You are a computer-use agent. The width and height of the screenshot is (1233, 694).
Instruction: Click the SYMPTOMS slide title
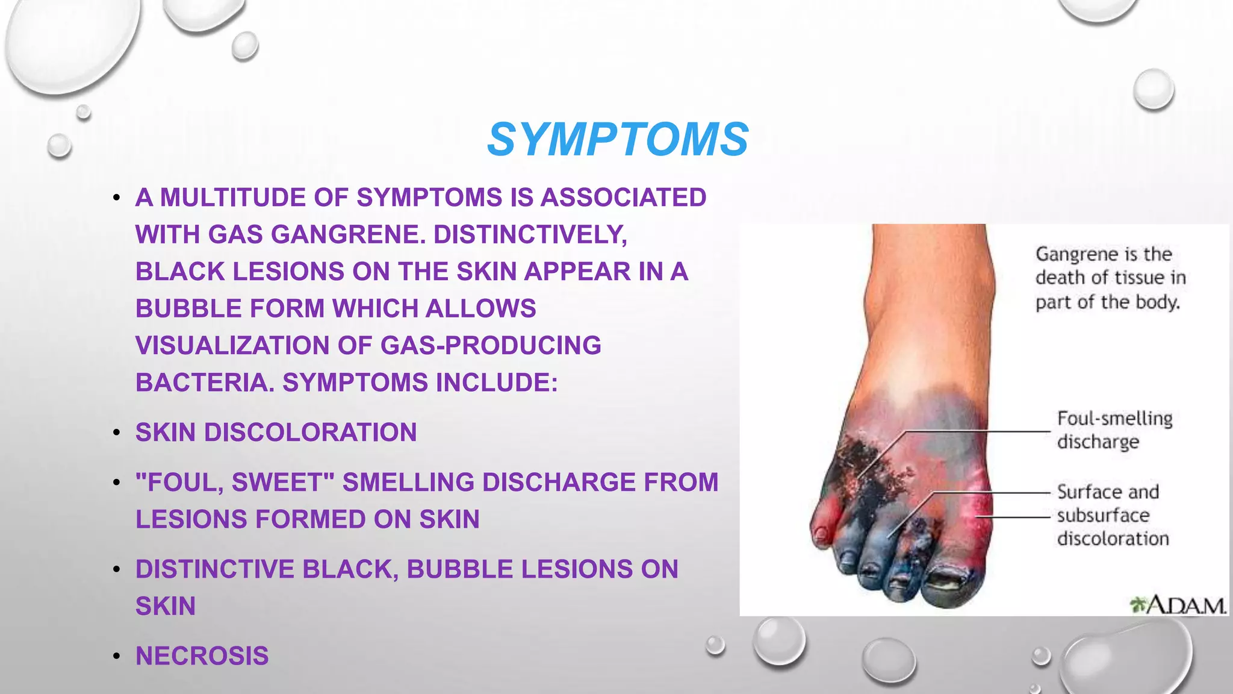point(618,139)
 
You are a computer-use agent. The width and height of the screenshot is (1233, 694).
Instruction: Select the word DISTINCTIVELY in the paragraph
point(530,234)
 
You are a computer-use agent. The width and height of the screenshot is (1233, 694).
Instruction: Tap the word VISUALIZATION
point(232,345)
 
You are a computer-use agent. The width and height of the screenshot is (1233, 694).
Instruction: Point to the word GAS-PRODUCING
point(491,345)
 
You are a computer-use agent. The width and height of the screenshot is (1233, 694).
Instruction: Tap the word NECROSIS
point(202,655)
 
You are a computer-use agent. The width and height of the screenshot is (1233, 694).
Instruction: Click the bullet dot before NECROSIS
point(117,656)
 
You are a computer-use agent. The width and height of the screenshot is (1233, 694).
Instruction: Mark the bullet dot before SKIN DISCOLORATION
point(117,433)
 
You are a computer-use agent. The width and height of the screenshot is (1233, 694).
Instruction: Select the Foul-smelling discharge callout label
point(1114,430)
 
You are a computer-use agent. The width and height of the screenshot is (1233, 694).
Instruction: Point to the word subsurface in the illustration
point(1103,515)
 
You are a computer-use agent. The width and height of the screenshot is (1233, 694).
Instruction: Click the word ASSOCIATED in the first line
point(623,198)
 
